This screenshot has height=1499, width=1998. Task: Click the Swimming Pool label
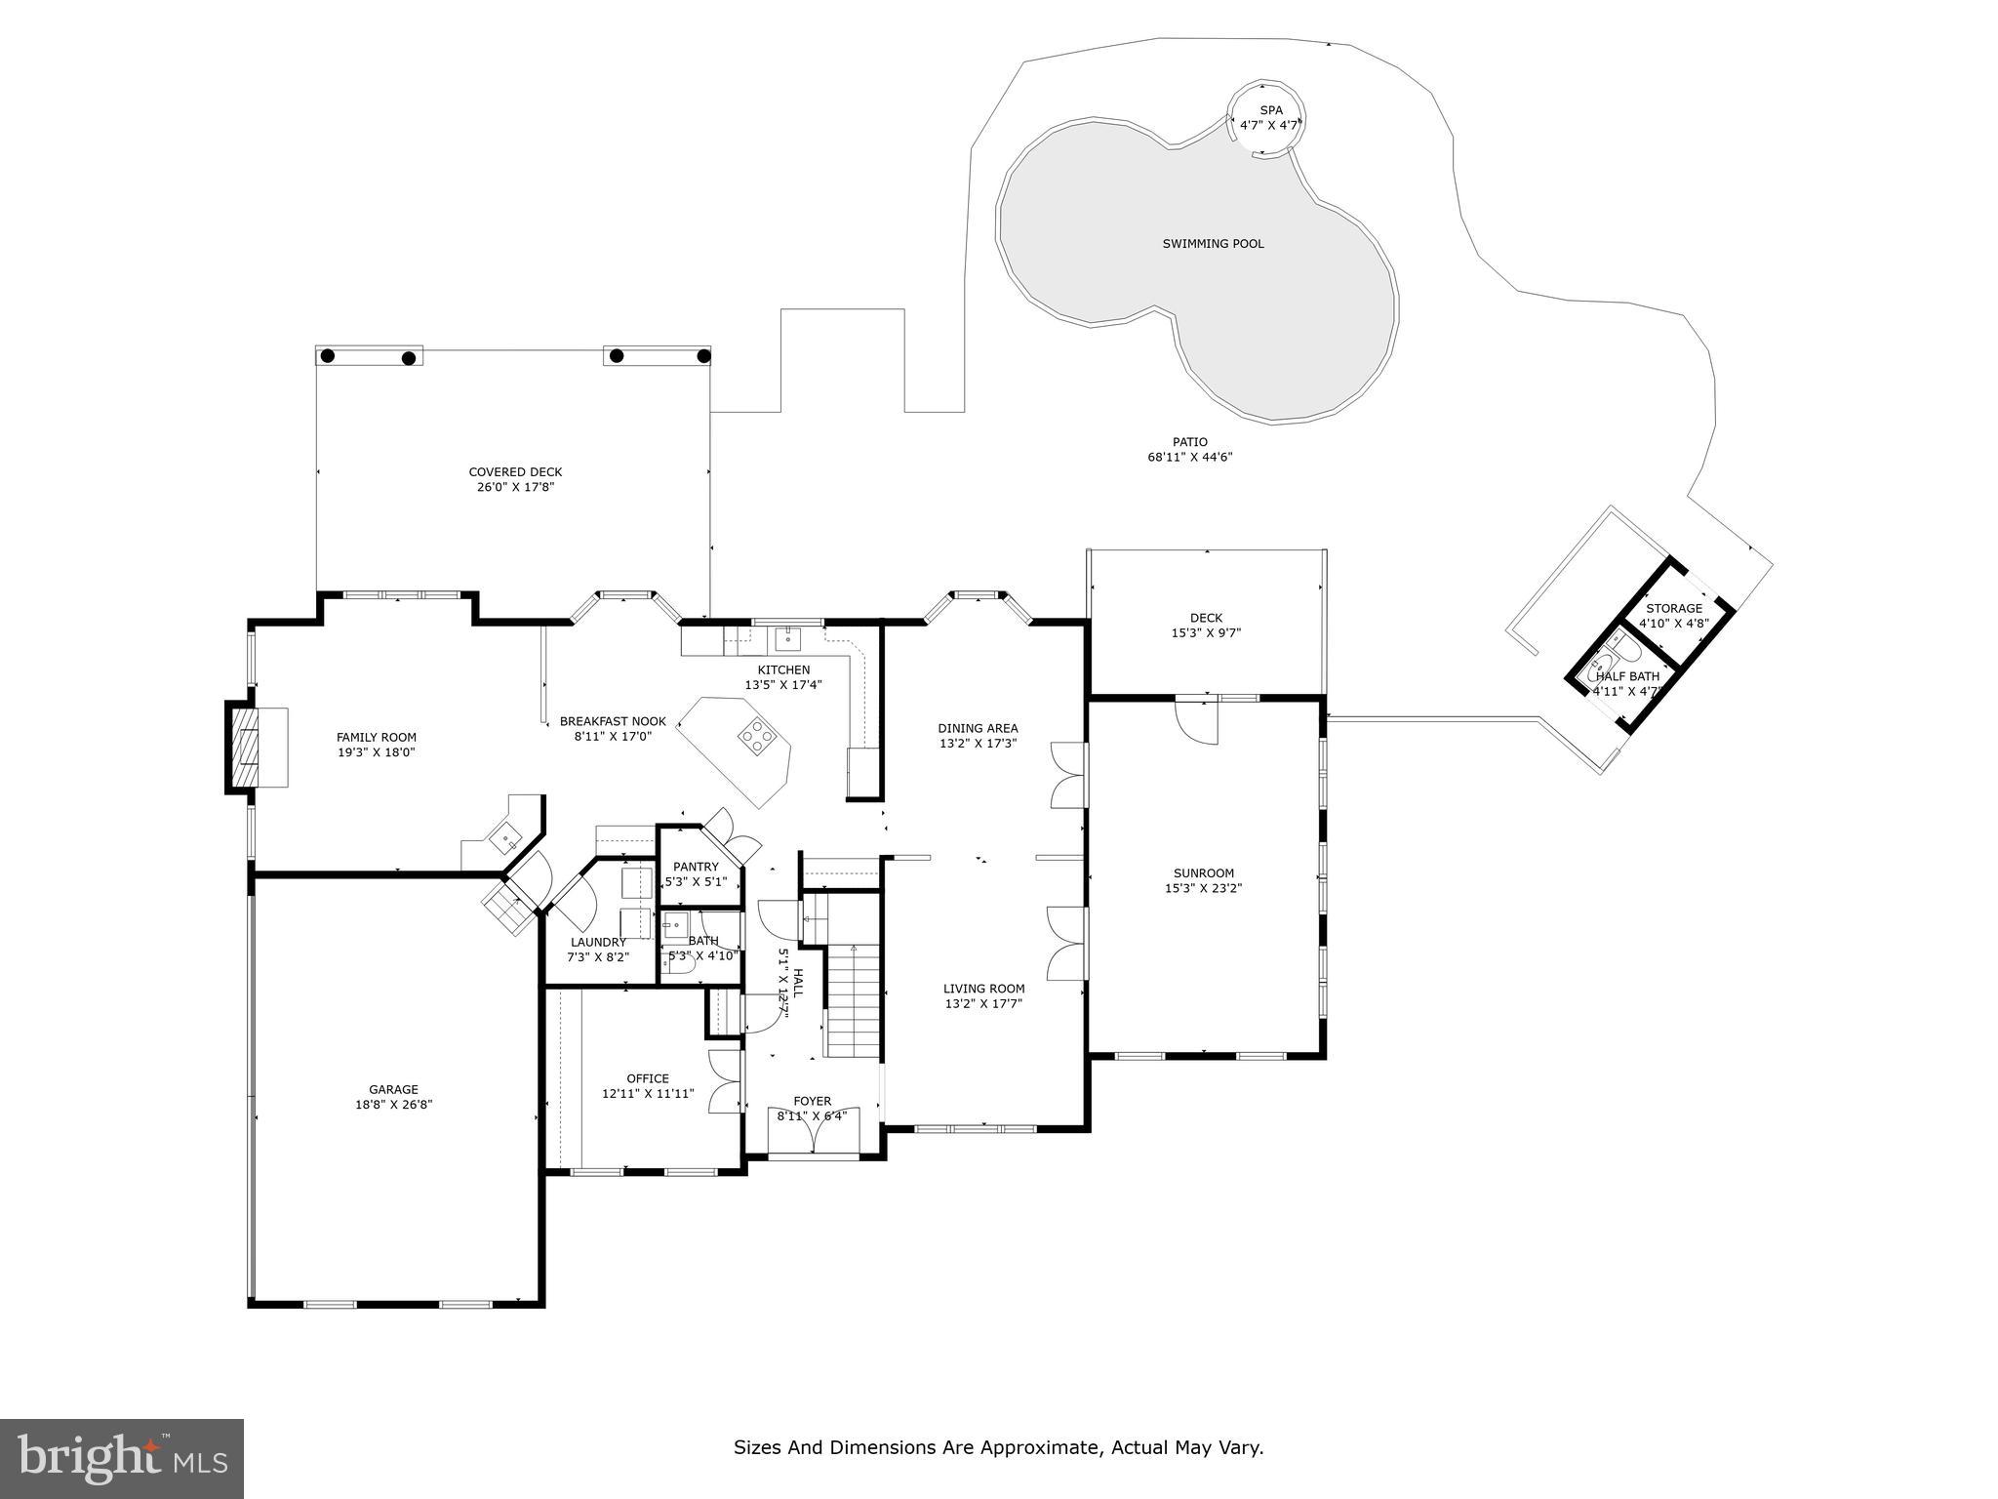1213,244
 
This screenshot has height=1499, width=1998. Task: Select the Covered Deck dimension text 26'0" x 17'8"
515,487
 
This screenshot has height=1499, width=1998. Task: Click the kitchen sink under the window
787,640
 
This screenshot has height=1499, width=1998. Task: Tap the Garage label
393,1090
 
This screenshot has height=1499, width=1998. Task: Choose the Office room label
648,1078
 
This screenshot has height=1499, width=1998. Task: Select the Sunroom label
1204,873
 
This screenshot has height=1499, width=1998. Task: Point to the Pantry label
696,867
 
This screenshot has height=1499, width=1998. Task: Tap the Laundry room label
598,942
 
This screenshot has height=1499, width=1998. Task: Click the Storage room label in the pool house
1674,609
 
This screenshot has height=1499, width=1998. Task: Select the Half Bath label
1627,676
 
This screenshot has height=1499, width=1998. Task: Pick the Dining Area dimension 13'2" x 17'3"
978,743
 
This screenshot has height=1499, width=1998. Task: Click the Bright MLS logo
122,1458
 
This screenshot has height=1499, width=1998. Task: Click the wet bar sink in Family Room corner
504,835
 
